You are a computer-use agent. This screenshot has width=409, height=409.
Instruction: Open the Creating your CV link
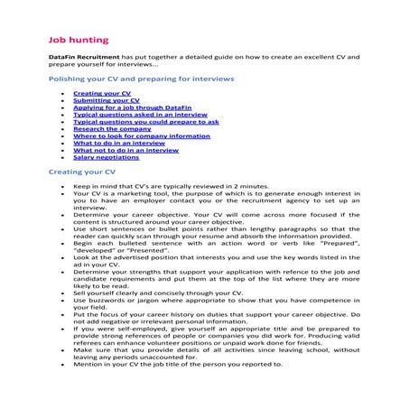coord(101,93)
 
